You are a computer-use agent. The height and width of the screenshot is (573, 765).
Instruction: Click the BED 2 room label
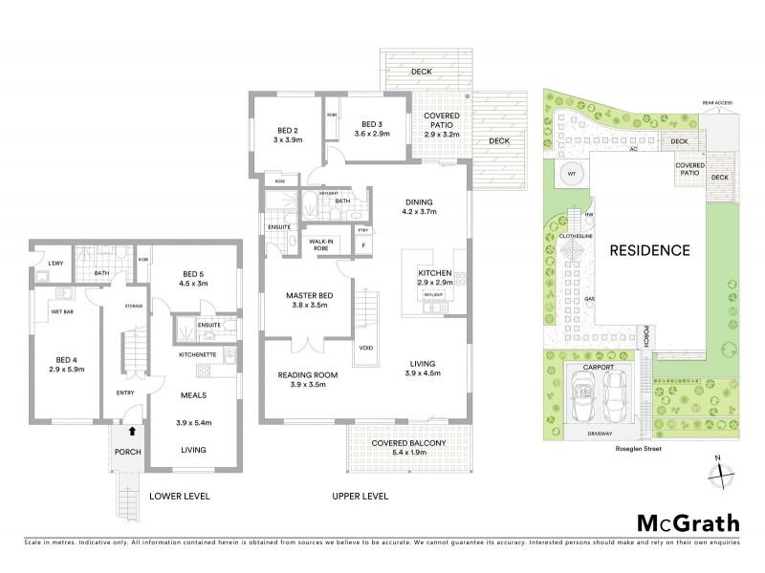[x=289, y=130]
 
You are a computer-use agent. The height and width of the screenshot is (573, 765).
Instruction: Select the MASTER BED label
[x=307, y=295]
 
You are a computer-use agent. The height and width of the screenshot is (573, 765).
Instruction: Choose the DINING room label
[x=419, y=202]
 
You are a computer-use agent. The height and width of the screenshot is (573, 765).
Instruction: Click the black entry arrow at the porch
[x=119, y=433]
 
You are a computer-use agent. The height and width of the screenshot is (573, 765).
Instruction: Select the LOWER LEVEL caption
[x=179, y=497]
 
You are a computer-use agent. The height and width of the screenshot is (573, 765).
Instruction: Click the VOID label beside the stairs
[x=366, y=347]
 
